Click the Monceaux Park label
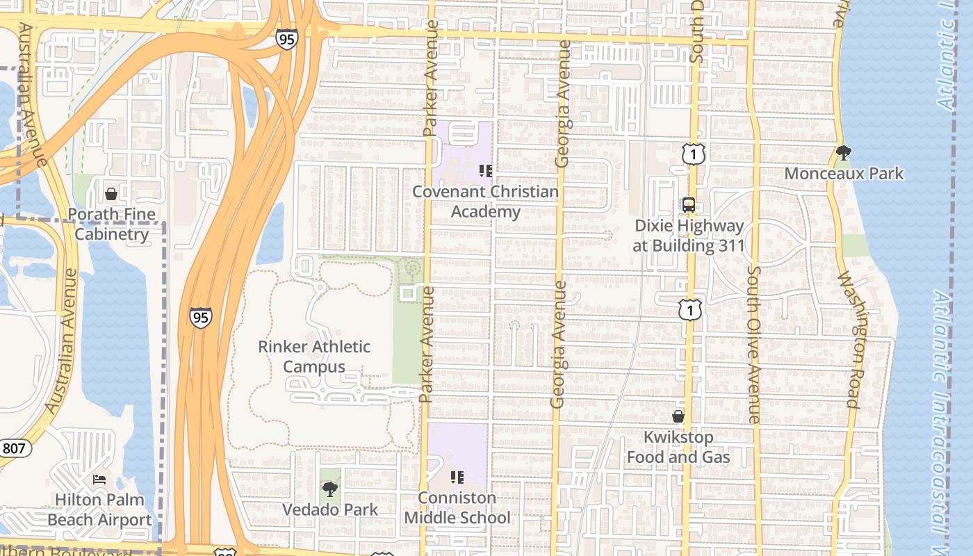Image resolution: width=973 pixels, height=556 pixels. [844, 173]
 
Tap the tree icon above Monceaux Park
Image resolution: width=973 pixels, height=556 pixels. [844, 152]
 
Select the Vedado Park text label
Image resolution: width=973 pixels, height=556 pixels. [330, 509]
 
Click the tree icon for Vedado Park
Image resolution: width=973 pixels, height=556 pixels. [330, 489]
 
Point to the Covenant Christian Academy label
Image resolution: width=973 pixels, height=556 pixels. [486, 202]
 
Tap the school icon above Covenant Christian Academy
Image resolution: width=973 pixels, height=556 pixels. [486, 170]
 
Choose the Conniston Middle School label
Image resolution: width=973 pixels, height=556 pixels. [457, 508]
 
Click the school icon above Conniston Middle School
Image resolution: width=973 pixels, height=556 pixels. [457, 477]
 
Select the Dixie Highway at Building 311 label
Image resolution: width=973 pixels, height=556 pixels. [689, 236]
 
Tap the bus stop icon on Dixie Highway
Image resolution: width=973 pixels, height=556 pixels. [689, 205]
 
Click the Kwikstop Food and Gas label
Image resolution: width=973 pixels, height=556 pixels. [678, 447]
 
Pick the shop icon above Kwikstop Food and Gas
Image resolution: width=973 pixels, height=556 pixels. [678, 416]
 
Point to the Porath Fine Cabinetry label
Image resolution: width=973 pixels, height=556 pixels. [112, 224]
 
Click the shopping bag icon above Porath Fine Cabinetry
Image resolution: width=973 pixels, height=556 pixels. [111, 193]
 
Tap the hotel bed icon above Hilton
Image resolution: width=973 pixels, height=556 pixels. [100, 479]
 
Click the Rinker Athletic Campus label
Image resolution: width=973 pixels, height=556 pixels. [314, 357]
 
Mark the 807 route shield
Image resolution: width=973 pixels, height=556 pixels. [13, 448]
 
